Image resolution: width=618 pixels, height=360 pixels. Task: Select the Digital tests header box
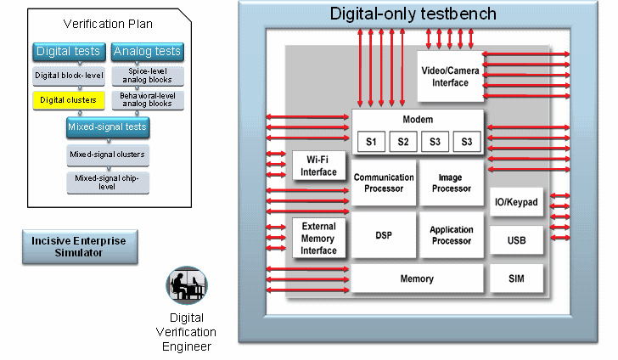69,52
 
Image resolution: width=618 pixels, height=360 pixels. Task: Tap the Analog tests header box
147,52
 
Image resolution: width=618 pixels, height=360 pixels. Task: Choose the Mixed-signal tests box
107,127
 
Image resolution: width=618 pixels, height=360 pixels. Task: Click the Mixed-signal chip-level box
107,183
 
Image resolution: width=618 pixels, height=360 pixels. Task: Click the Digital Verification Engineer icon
187,287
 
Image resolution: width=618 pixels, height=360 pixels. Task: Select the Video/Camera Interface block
450,76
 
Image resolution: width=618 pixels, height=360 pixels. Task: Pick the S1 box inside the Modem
371,142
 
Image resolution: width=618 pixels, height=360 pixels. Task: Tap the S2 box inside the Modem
403,142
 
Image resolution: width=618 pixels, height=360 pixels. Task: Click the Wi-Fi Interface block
318,166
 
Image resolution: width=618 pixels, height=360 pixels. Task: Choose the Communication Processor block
384,183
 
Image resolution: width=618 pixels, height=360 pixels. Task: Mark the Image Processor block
450,183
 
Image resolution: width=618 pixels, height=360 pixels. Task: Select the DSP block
384,235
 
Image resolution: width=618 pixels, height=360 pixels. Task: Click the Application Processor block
450,235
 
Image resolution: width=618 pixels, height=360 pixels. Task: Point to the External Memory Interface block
318,239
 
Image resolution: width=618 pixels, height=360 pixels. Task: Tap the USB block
516,240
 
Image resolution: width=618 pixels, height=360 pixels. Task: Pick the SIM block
516,278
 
